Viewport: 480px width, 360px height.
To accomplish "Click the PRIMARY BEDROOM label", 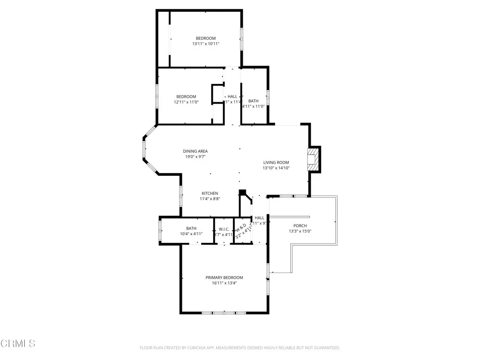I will click(224, 277).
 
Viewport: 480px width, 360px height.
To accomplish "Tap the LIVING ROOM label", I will click(276, 163).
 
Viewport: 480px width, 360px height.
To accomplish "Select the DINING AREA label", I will click(195, 151).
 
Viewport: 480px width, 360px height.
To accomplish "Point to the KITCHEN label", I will click(210, 194).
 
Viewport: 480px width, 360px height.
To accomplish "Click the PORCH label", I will click(300, 226).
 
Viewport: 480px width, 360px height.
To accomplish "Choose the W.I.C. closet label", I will click(224, 229).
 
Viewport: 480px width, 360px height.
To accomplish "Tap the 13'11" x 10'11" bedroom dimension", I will click(205, 44).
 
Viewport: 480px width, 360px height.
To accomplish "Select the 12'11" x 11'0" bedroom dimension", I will click(186, 102).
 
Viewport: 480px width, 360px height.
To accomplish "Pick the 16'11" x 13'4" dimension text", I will click(224, 283).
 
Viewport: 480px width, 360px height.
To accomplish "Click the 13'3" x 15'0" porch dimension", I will click(300, 231).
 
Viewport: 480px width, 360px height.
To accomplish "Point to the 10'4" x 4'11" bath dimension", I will click(191, 234).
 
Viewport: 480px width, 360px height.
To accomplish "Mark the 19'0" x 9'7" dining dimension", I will click(195, 157).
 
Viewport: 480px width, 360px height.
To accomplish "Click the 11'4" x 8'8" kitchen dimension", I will click(210, 199).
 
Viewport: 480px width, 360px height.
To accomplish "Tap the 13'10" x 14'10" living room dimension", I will click(276, 168).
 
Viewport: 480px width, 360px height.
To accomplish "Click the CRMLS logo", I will click(18, 344).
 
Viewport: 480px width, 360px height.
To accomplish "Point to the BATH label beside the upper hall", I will click(253, 101).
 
